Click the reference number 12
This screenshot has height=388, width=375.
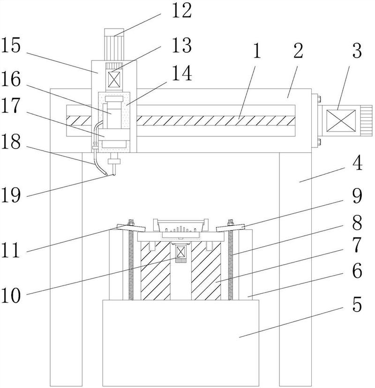point(182,10)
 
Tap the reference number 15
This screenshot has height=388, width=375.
point(10,45)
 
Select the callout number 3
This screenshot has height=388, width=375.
point(357,51)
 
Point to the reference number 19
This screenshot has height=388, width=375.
point(10,195)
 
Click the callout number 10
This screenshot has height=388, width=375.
point(10,296)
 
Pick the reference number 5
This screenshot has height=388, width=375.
point(357,305)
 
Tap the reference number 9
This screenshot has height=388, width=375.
point(357,196)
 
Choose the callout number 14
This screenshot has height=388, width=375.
point(182,73)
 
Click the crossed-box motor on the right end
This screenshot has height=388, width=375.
point(341,120)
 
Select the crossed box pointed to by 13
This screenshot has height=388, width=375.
point(114,80)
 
